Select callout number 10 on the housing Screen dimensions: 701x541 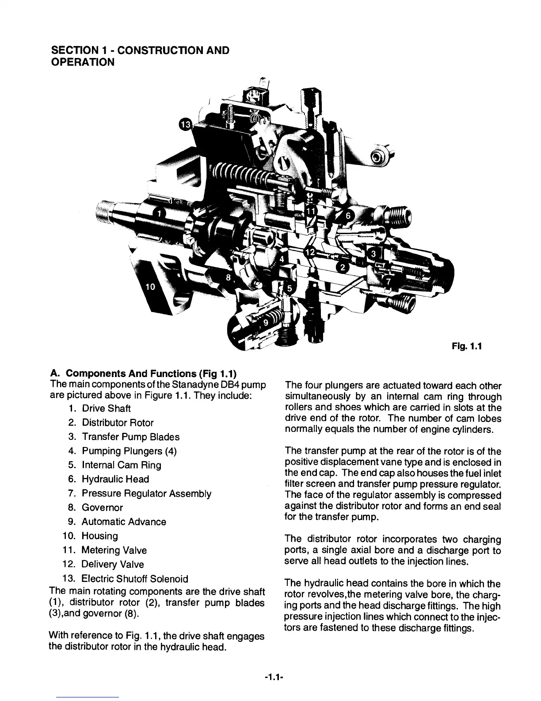click(x=150, y=287)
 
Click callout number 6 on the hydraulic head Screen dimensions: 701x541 click(x=348, y=216)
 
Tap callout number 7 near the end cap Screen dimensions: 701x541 click(x=388, y=281)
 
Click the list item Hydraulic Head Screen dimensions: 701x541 click(x=115, y=479)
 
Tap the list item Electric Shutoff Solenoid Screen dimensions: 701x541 click(x=135, y=578)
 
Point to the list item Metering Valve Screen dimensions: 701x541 click(x=114, y=550)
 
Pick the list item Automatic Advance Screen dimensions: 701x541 click(x=124, y=522)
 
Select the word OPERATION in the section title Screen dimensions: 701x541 click(x=83, y=62)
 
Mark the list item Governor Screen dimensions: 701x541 click(x=102, y=508)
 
